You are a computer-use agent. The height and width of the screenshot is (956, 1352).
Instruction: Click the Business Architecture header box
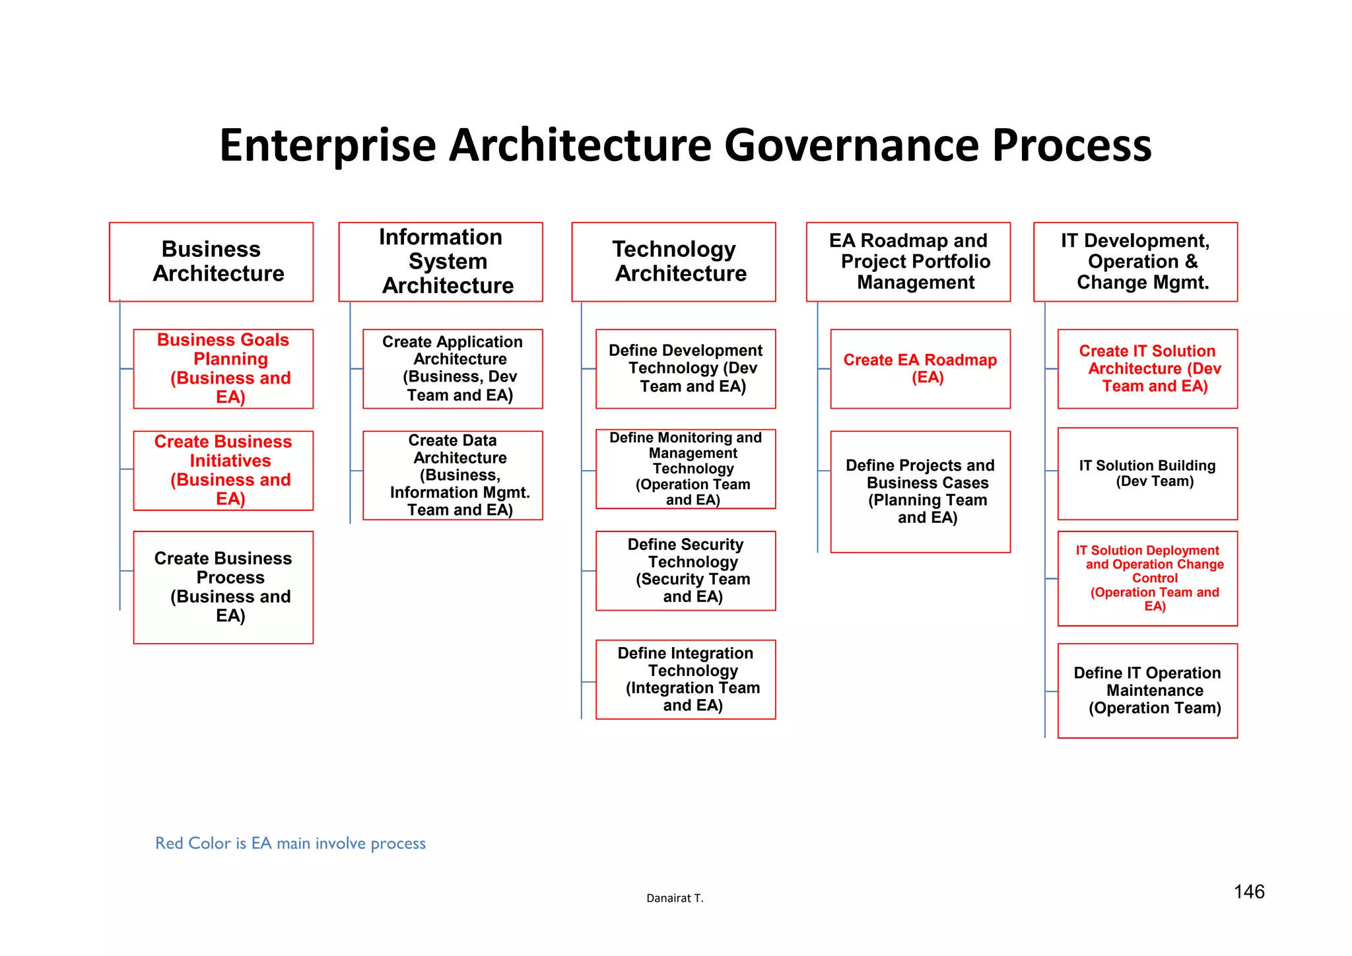click(x=211, y=261)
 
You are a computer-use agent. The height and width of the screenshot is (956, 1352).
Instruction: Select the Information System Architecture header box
click(x=440, y=261)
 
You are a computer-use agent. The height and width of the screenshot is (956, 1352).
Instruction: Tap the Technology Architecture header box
click(x=673, y=261)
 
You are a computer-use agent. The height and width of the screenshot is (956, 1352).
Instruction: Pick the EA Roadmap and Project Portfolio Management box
click(x=908, y=261)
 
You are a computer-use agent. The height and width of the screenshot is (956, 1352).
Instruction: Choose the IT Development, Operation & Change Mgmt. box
click(x=1135, y=261)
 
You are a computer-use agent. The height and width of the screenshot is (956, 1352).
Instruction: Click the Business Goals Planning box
click(x=223, y=368)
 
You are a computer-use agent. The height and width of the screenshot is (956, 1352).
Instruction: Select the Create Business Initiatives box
click(x=223, y=470)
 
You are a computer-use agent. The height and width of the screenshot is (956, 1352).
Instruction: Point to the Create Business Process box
click(x=223, y=587)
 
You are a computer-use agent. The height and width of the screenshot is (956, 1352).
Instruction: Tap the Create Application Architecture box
click(x=453, y=368)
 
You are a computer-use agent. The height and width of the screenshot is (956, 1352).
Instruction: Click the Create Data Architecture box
click(x=453, y=475)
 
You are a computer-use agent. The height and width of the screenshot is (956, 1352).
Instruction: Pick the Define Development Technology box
click(x=686, y=368)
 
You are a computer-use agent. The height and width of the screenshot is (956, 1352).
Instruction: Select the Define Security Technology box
click(x=686, y=570)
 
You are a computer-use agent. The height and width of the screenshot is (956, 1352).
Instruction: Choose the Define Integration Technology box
click(x=686, y=679)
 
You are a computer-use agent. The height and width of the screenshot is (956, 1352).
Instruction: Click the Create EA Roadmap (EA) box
click(x=920, y=368)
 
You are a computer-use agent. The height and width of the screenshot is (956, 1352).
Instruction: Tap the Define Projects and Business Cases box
click(x=920, y=491)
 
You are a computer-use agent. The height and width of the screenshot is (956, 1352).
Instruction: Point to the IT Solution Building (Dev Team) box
click(x=1147, y=473)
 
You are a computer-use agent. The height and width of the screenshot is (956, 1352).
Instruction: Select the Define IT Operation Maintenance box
click(x=1147, y=690)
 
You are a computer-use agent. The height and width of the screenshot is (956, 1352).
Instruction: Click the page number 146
click(x=1249, y=892)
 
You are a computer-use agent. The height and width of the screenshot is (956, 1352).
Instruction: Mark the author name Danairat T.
click(x=675, y=898)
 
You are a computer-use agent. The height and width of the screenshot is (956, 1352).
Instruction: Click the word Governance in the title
click(x=852, y=145)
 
